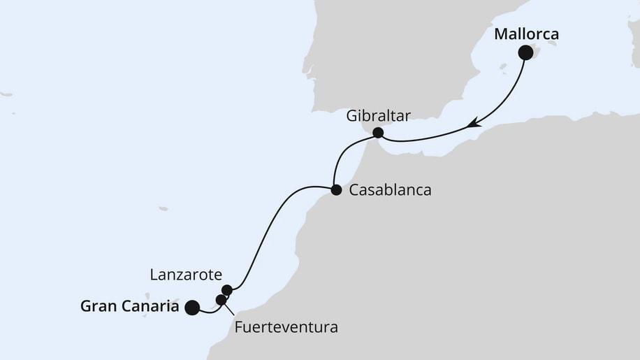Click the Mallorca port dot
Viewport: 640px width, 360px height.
[525, 52]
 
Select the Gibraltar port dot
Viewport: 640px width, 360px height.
[378, 132]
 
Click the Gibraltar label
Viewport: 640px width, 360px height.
[378, 115]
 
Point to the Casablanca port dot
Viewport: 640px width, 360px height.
[336, 189]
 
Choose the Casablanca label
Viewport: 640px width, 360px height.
[391, 189]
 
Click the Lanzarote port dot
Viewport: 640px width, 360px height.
[226, 289]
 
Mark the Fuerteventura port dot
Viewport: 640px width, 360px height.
[221, 300]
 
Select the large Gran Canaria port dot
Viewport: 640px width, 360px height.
[191, 306]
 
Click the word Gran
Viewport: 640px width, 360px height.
[99, 306]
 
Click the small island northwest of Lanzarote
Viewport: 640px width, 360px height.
[163, 208]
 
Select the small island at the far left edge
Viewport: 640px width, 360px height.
[6, 94]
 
